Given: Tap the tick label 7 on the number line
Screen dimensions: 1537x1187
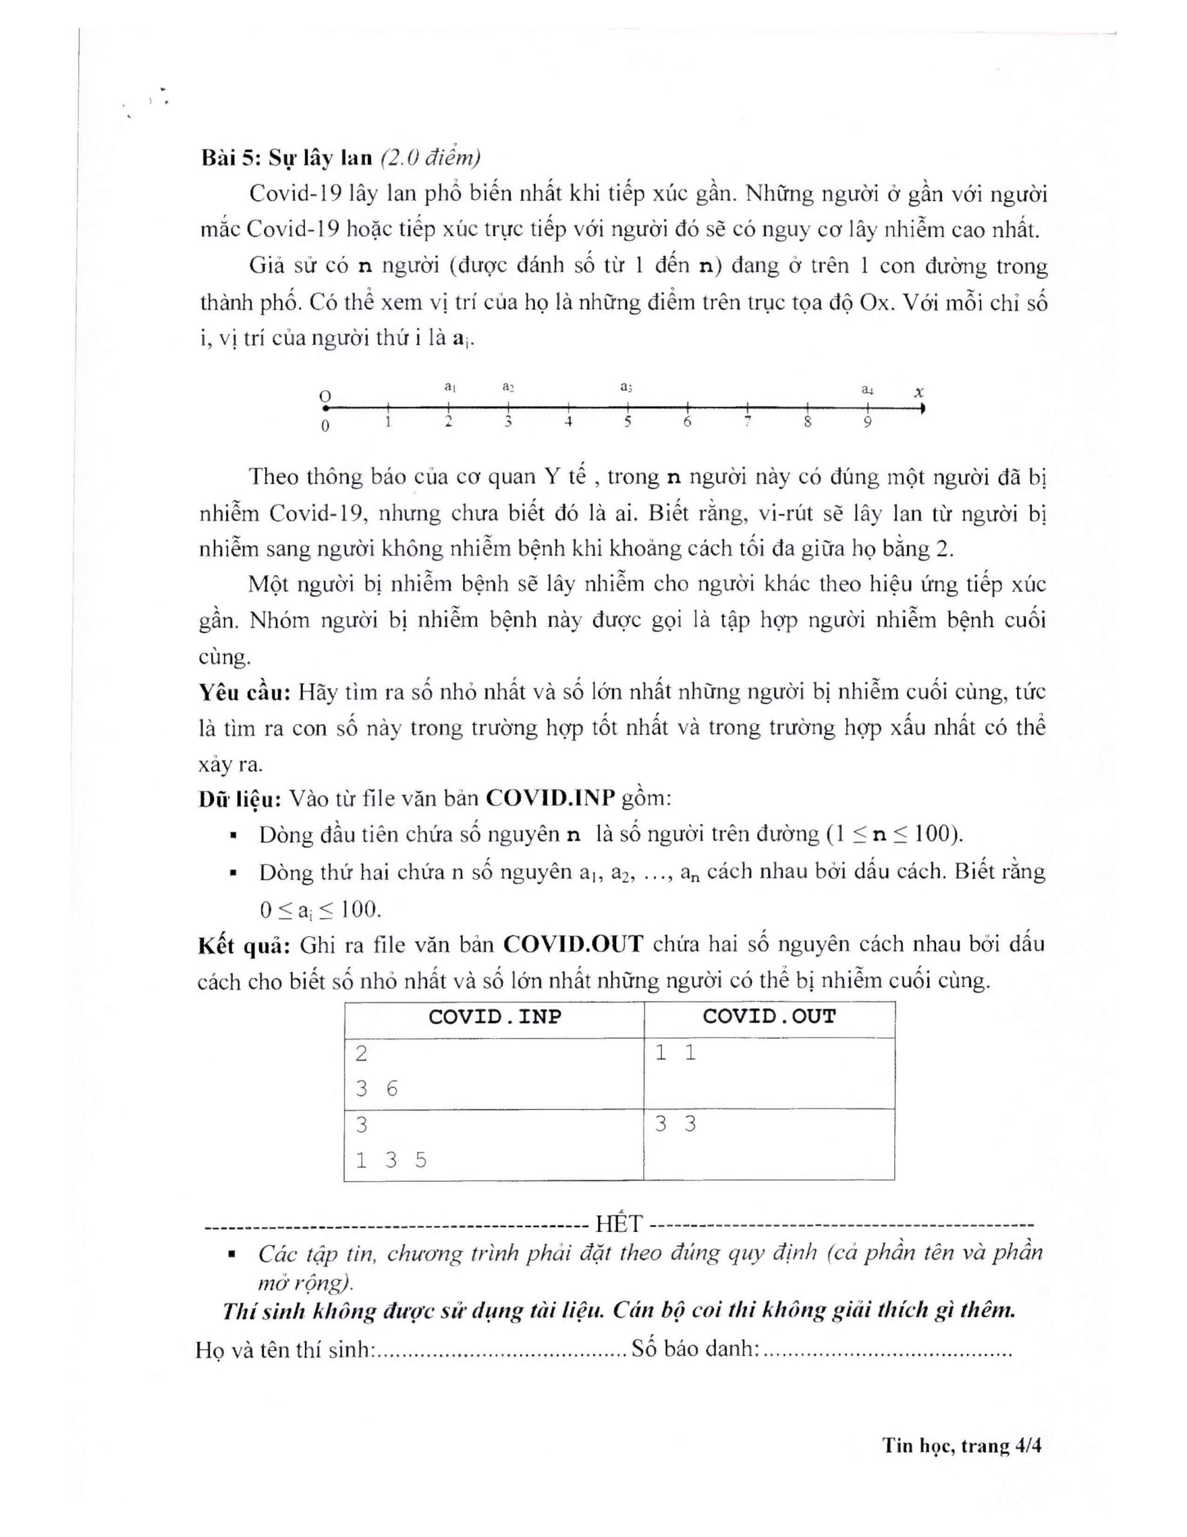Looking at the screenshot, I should [748, 421].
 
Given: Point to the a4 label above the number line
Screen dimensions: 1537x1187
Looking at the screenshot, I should [868, 388].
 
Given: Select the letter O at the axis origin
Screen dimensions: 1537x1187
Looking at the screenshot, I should [325, 396].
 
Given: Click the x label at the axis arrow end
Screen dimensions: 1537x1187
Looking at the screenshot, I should [918, 392].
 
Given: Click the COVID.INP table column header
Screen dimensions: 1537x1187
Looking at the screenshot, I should [494, 1017].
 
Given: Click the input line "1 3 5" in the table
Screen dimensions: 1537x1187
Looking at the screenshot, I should [391, 1160].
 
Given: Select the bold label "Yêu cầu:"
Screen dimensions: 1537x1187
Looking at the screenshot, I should [244, 692].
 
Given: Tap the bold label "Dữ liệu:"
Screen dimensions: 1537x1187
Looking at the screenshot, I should [240, 799].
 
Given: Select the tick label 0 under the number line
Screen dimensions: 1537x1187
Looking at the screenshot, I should [325, 426].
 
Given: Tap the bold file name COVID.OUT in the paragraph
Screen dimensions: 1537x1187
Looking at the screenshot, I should [574, 944].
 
